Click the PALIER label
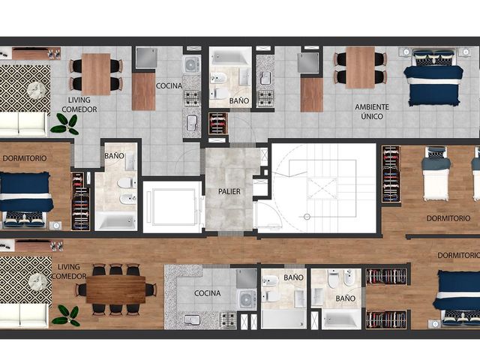[229, 192]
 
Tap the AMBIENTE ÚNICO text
[372, 112]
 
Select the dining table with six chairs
[115, 289]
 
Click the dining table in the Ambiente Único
[360, 67]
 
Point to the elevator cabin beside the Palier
[172, 207]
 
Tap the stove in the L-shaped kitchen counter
[228, 320]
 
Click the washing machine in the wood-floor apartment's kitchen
[247, 299]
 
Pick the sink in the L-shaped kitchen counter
[193, 320]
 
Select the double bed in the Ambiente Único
[433, 77]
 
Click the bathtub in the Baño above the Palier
[230, 56]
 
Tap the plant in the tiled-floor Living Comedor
[65, 124]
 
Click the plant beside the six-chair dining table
[67, 315]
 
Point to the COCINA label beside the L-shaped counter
[207, 293]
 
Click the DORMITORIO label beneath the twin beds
[448, 218]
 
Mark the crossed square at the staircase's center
[322, 188]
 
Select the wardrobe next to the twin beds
[391, 174]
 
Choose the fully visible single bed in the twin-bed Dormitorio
[436, 174]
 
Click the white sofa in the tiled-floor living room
[23, 124]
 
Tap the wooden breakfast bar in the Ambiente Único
[312, 95]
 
